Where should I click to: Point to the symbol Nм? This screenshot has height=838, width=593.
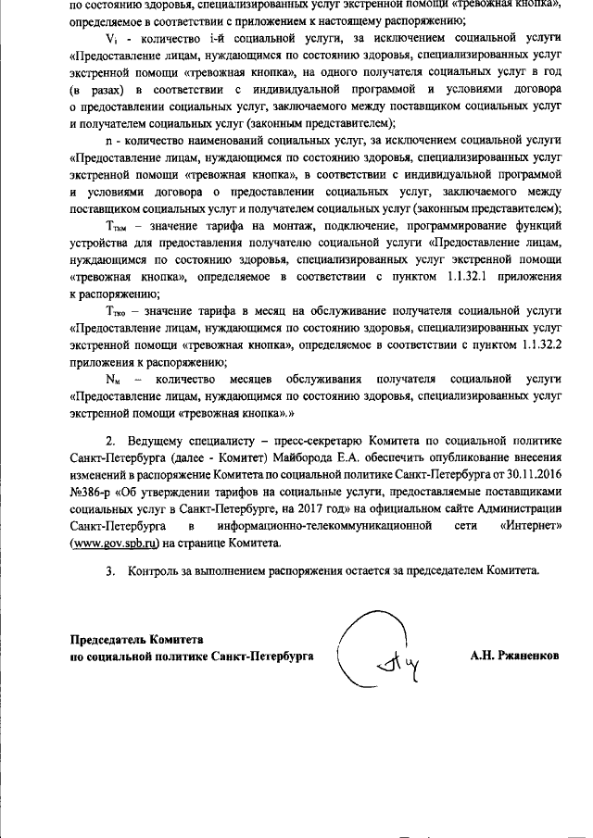(x=114, y=380)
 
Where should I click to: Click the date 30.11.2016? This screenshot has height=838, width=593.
(x=535, y=482)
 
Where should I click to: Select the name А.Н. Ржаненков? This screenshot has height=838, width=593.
(x=514, y=656)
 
